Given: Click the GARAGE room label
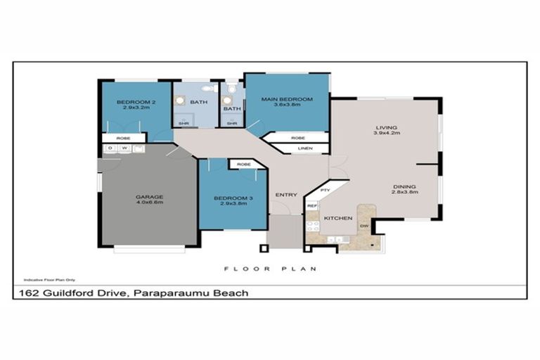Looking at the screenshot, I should coord(149,196).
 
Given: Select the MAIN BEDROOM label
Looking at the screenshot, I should coord(286,99).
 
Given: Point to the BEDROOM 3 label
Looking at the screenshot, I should coord(232,198).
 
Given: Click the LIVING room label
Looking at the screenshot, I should coord(386,127).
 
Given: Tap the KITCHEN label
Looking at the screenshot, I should coord(338,219).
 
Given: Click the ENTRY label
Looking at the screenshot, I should coord(286,195).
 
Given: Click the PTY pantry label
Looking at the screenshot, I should coord(325,191).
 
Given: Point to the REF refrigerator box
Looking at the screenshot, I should coord(311,206).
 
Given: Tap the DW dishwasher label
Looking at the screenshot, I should coord(364,226).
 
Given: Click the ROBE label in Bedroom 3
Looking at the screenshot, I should coord(244,165).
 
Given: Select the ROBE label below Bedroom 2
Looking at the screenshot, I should coord(123,138).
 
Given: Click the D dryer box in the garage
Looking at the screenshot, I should coord(110,148).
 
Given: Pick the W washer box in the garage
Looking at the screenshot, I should coord(124,148).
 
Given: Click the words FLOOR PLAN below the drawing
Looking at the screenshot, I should coord(270,269).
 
